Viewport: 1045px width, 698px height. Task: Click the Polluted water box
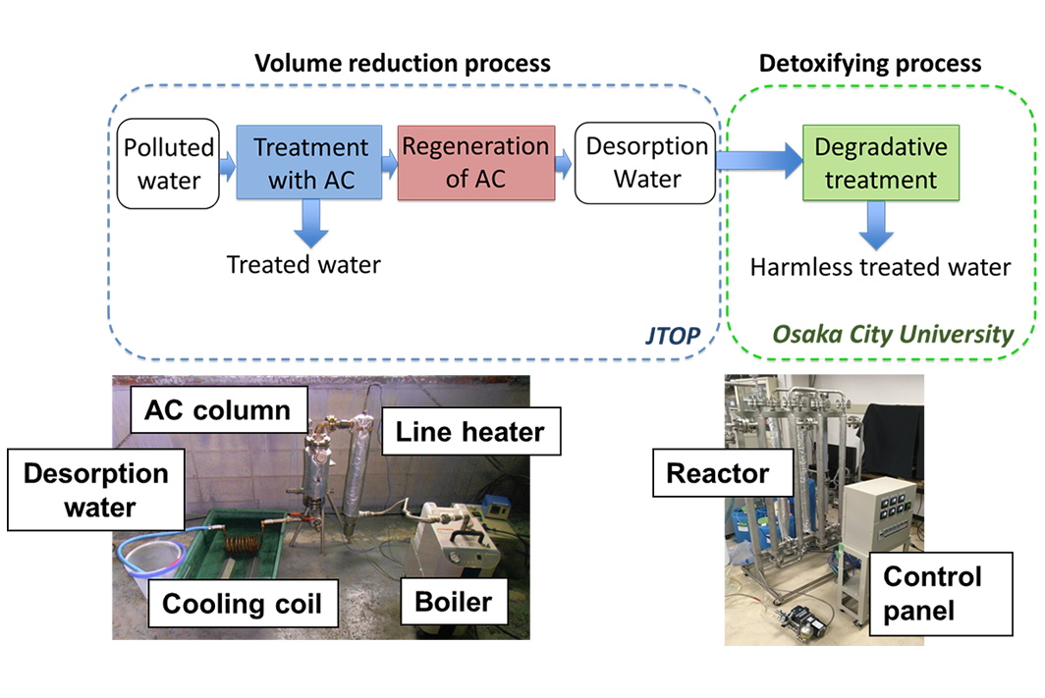click(x=168, y=164)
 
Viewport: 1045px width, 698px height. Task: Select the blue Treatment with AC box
click(x=309, y=163)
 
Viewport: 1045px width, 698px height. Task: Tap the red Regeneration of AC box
click(x=475, y=163)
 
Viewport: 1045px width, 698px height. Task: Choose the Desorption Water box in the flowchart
click(x=645, y=163)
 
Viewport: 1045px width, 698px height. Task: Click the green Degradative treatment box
click(x=880, y=163)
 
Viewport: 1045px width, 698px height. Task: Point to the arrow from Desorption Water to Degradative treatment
click(x=759, y=161)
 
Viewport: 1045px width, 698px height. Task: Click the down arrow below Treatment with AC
click(x=310, y=224)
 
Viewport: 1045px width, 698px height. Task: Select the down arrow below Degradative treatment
click(x=876, y=225)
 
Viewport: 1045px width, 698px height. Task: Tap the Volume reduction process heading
click(x=403, y=63)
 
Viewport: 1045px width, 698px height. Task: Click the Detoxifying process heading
click(x=870, y=63)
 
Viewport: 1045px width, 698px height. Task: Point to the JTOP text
click(x=673, y=335)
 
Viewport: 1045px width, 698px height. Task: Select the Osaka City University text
click(x=893, y=334)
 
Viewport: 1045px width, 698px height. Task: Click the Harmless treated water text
click(x=880, y=267)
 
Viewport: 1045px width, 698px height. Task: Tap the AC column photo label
click(x=219, y=409)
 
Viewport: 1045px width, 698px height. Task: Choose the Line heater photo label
click(x=470, y=432)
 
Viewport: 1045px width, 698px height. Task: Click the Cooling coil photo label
click(x=243, y=604)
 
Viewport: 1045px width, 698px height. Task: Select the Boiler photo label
click(x=453, y=602)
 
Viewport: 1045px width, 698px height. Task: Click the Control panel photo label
click(x=940, y=593)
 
